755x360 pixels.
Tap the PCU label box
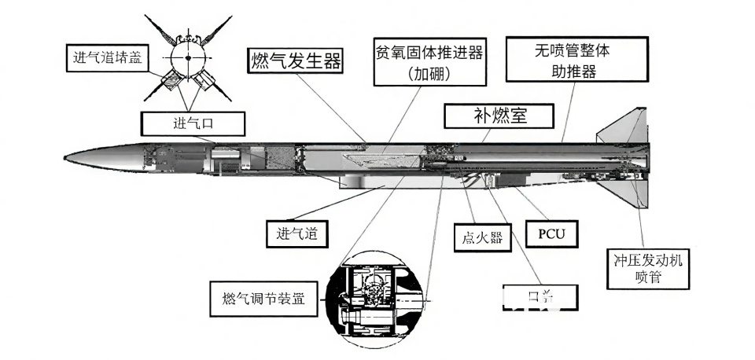coord(557,234)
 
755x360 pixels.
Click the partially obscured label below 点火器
coord(540,297)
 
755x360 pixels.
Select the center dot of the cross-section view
coord(188,57)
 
